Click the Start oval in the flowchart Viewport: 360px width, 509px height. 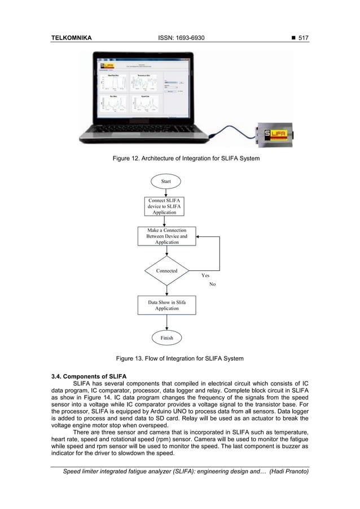pyautogui.click(x=166, y=181)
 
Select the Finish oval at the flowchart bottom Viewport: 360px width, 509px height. pyautogui.click(x=166, y=338)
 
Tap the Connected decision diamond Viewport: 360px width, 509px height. pyautogui.click(x=166, y=271)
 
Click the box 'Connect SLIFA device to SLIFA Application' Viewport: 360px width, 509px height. pyautogui.click(x=166, y=207)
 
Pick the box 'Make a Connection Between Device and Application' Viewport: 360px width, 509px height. pyautogui.click(x=166, y=236)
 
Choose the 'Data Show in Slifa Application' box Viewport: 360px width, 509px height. pyautogui.click(x=166, y=305)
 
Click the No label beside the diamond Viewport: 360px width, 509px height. pyautogui.click(x=212, y=284)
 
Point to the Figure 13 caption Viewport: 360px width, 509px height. pyautogui.click(x=179, y=359)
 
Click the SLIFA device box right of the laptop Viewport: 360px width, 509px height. pyautogui.click(x=276, y=134)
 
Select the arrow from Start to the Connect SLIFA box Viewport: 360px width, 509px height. pyautogui.click(x=166, y=192)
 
